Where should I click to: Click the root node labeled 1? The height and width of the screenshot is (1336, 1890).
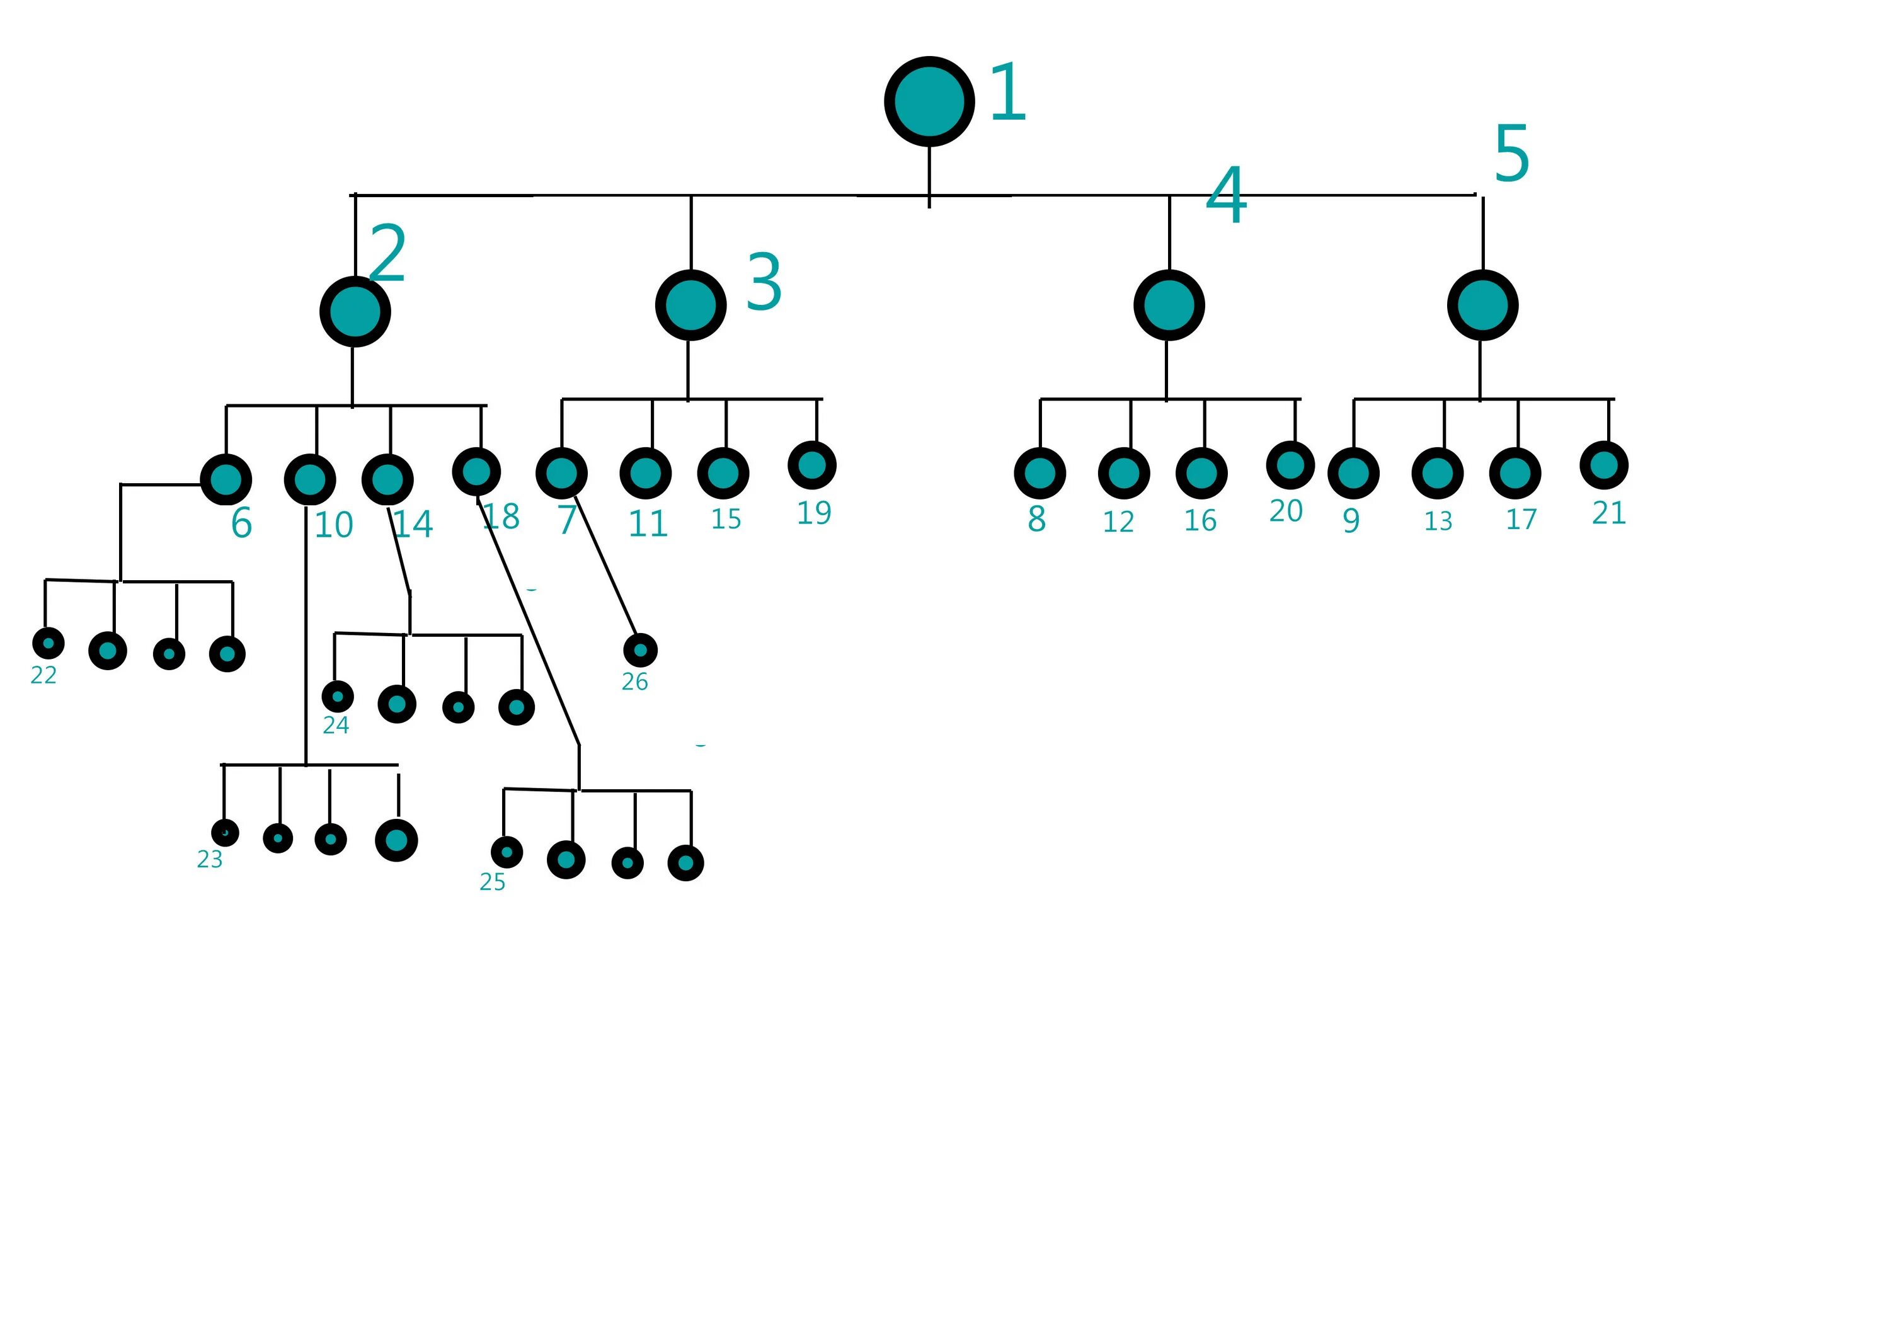929,102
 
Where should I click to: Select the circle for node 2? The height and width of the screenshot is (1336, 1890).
355,312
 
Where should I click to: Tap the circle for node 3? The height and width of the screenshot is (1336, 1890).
690,305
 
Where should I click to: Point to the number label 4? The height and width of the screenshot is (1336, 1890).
1226,195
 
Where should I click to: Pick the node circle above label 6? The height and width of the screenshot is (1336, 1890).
226,479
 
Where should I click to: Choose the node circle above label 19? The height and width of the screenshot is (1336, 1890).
811,465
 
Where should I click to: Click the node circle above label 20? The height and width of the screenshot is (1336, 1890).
1290,465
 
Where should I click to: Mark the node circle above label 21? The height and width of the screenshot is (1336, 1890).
1603,465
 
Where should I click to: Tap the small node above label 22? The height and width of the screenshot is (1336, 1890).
48,643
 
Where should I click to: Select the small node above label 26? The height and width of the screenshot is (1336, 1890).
641,650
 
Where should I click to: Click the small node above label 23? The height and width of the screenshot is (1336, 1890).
225,832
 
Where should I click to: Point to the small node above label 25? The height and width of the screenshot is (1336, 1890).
507,852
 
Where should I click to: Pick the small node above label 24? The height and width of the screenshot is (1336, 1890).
338,697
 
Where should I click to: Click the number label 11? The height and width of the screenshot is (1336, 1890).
647,523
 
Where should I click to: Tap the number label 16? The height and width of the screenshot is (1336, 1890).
1200,520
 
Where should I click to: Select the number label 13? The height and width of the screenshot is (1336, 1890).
1438,521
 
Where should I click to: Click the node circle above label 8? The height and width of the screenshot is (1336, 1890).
1039,473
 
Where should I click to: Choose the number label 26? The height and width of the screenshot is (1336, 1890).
634,682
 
